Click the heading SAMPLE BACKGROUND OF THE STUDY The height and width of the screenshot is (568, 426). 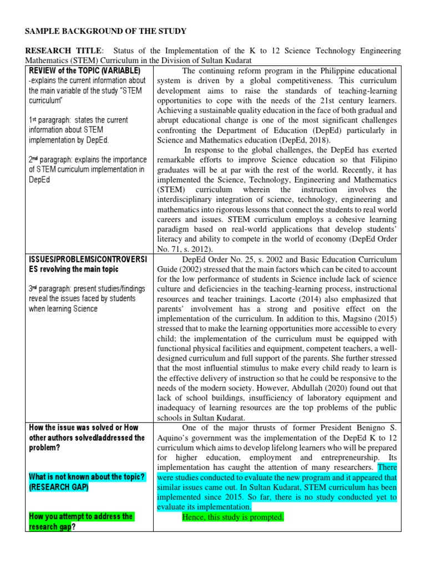point(105,31)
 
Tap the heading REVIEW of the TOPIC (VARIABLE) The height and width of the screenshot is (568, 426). point(84,71)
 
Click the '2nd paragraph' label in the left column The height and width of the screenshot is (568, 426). point(53,160)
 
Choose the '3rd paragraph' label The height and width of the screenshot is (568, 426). point(53,288)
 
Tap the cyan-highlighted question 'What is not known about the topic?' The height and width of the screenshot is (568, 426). point(87,477)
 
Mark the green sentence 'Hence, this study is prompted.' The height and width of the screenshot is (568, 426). point(233,518)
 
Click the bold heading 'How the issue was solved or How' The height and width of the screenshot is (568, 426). point(83,428)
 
